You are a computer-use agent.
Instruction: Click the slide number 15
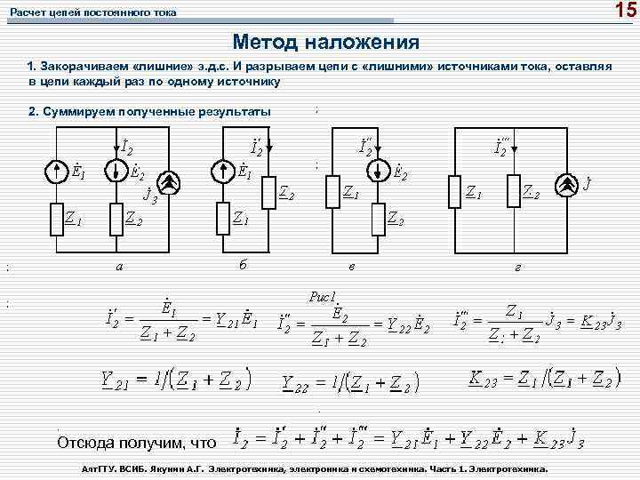(x=624, y=11)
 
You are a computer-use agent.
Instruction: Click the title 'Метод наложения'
(x=325, y=42)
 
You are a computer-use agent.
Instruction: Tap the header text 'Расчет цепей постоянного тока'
(x=93, y=12)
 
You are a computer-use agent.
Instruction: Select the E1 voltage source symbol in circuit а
(x=56, y=169)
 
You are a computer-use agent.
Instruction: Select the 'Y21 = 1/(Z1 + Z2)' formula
(x=176, y=380)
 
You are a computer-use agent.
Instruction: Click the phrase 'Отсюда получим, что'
(x=136, y=442)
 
